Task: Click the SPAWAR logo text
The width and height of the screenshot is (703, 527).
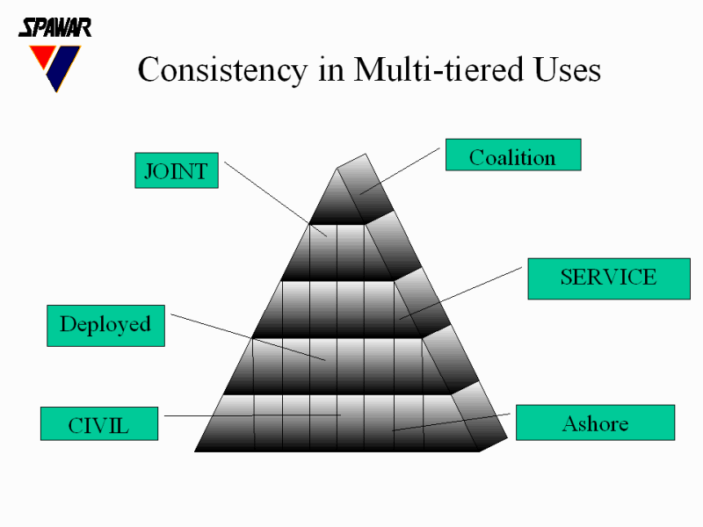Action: click(x=54, y=27)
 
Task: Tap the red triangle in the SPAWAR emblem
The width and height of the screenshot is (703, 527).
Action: click(x=40, y=59)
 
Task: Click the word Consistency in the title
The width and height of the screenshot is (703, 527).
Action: click(x=223, y=70)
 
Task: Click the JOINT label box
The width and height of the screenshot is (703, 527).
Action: click(x=176, y=170)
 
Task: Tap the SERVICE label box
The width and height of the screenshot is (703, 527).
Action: click(x=607, y=278)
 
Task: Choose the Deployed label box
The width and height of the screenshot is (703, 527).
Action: click(x=105, y=325)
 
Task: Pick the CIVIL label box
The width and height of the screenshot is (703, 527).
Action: click(x=98, y=424)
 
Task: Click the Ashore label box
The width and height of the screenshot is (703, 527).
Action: click(x=594, y=422)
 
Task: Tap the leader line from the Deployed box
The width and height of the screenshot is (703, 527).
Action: click(x=246, y=336)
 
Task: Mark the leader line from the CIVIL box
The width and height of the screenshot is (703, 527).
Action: click(x=246, y=415)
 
